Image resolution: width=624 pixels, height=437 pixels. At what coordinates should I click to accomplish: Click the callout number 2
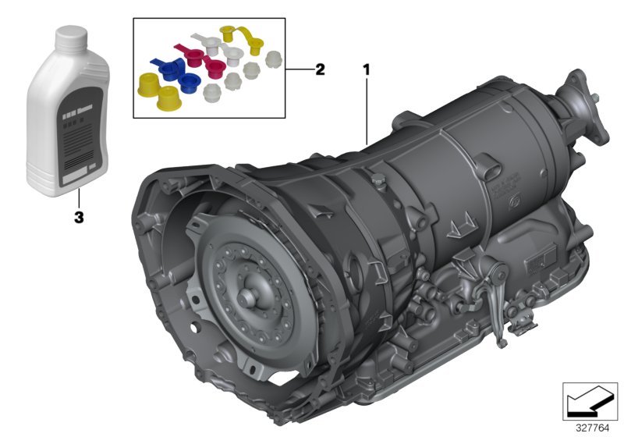point(319,69)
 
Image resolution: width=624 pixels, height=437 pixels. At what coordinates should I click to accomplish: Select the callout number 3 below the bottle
point(78,218)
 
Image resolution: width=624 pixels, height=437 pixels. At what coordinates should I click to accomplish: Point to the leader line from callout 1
point(367,109)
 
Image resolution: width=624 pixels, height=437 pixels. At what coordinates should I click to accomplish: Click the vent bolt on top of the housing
point(379,184)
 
